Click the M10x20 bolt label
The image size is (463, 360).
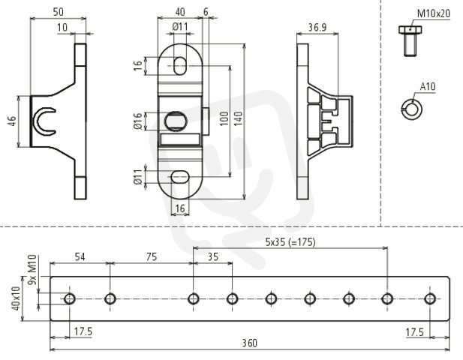click(x=434, y=13)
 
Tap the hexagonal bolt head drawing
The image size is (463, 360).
click(x=410, y=30)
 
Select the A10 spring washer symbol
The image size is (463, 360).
click(x=412, y=109)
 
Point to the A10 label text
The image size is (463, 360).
click(x=428, y=87)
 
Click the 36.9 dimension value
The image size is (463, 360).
click(x=317, y=28)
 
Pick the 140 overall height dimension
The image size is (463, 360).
click(x=239, y=118)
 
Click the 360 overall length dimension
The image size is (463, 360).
click(x=250, y=343)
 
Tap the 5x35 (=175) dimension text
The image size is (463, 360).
click(x=290, y=242)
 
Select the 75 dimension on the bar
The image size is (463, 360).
click(x=152, y=256)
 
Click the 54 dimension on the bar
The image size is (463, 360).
click(x=80, y=256)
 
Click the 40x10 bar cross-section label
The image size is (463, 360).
click(x=16, y=298)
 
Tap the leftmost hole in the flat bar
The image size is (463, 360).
click(x=70, y=298)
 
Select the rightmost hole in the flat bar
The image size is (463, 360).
click(x=430, y=298)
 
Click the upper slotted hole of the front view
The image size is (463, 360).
click(x=180, y=66)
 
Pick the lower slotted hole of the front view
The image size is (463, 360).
click(x=180, y=177)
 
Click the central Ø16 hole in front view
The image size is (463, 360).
click(x=176, y=121)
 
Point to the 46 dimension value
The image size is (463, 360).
click(x=12, y=121)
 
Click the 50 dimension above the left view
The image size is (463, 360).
click(x=59, y=12)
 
